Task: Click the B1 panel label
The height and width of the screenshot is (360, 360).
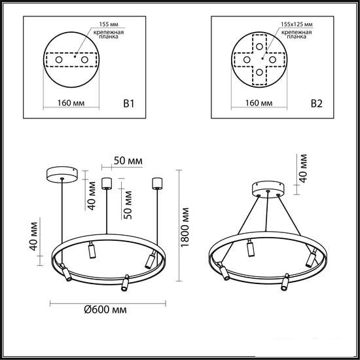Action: [x=128, y=104]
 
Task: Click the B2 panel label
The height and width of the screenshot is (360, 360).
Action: [x=317, y=104]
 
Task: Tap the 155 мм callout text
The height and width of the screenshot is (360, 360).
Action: [x=109, y=24]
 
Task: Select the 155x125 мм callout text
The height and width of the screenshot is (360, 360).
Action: [x=297, y=24]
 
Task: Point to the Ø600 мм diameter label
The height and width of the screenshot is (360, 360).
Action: [x=105, y=310]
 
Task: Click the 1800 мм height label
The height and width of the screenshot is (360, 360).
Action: [x=185, y=227]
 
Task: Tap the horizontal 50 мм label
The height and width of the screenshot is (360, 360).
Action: [x=128, y=161]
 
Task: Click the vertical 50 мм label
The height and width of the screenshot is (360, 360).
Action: [x=128, y=205]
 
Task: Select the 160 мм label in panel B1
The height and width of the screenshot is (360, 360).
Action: [x=71, y=103]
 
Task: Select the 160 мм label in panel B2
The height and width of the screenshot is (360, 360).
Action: [x=259, y=103]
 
